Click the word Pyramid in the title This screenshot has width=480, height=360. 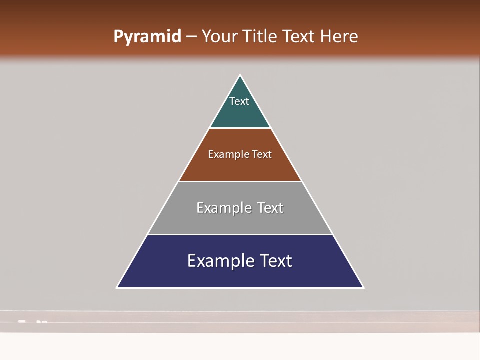(147, 37)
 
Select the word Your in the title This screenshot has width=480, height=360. (219, 37)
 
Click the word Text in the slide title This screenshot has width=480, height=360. (299, 37)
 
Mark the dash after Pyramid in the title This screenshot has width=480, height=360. (191, 37)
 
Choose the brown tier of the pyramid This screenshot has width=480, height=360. (240, 167)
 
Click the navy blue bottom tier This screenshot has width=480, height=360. (240, 275)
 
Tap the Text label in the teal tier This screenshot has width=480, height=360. (239, 101)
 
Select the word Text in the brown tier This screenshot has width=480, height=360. (262, 154)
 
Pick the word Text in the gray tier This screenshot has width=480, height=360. (270, 208)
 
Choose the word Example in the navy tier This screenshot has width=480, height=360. (219, 261)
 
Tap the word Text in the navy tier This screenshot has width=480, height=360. (275, 261)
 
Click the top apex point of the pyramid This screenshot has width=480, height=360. (240, 75)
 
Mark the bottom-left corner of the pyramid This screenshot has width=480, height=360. (117, 287)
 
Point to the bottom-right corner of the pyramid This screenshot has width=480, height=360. (363, 287)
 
